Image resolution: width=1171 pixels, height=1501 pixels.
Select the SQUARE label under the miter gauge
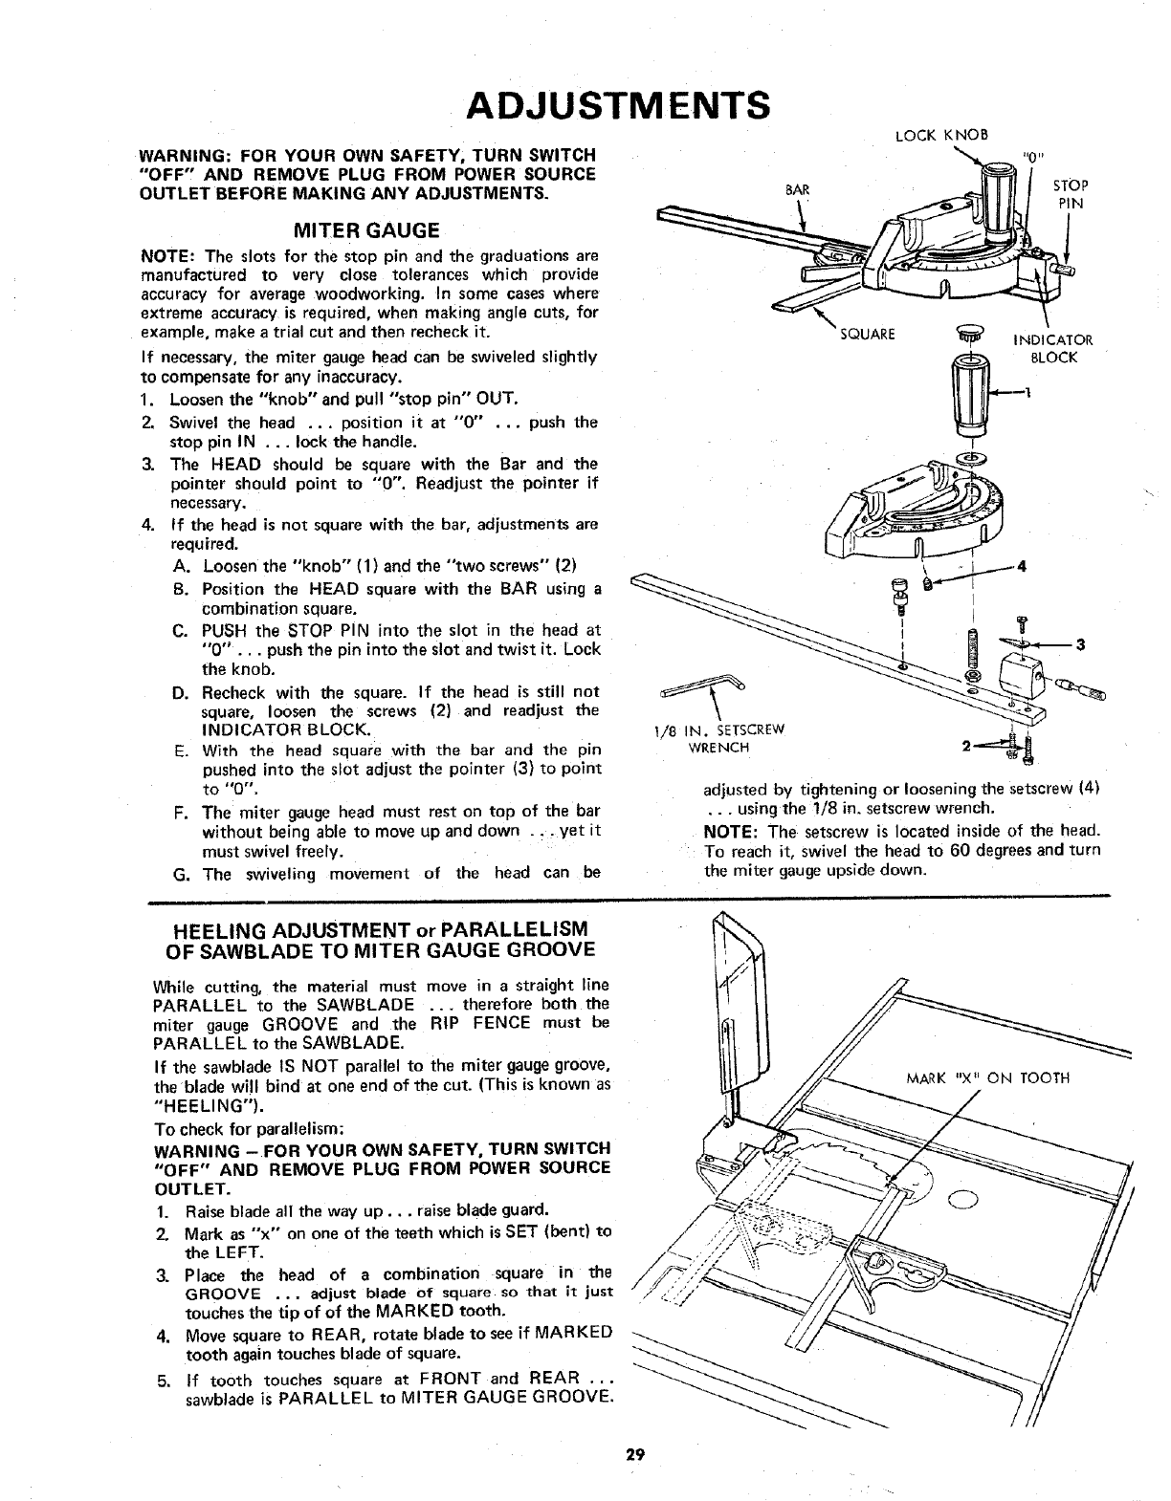867,334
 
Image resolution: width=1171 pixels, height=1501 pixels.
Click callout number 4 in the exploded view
1023,565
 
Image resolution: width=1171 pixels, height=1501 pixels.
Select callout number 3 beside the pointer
1080,643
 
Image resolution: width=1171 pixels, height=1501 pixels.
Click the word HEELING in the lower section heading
217,930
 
